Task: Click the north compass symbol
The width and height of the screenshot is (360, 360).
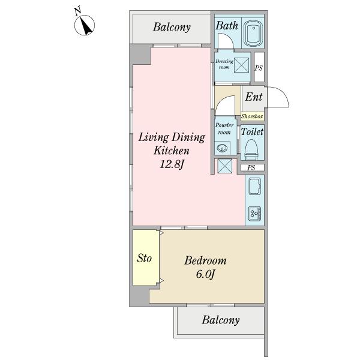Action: [84, 25]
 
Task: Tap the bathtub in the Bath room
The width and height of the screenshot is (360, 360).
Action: [253, 34]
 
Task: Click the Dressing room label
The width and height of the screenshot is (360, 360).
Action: [224, 64]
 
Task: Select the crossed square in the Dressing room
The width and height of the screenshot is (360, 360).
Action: [242, 65]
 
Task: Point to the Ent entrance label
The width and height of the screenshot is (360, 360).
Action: [253, 97]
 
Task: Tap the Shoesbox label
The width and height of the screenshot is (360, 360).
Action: [252, 116]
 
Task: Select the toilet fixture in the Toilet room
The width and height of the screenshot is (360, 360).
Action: [251, 149]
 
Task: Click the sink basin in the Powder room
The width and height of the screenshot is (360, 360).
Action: [222, 148]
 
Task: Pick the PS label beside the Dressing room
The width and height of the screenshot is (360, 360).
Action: [259, 68]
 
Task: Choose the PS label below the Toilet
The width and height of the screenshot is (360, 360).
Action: [251, 168]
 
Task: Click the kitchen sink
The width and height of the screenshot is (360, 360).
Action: [255, 186]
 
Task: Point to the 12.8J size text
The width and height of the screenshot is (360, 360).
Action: [172, 164]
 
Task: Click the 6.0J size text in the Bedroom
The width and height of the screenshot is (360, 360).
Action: [205, 274]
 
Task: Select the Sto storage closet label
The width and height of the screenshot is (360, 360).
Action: [144, 258]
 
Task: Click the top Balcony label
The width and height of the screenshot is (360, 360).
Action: [172, 27]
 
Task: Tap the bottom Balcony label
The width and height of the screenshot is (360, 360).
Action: [221, 320]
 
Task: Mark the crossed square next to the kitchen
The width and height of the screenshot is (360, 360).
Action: [225, 166]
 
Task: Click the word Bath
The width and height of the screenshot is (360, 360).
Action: [227, 25]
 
